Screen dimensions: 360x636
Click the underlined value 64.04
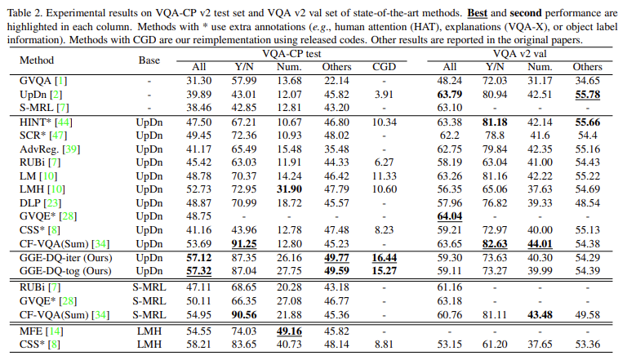click(x=450, y=216)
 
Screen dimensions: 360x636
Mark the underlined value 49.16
click(x=291, y=331)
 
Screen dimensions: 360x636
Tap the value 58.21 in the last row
click(x=200, y=344)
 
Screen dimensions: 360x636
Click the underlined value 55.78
click(x=585, y=94)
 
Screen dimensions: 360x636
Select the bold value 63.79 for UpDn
click(x=450, y=94)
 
